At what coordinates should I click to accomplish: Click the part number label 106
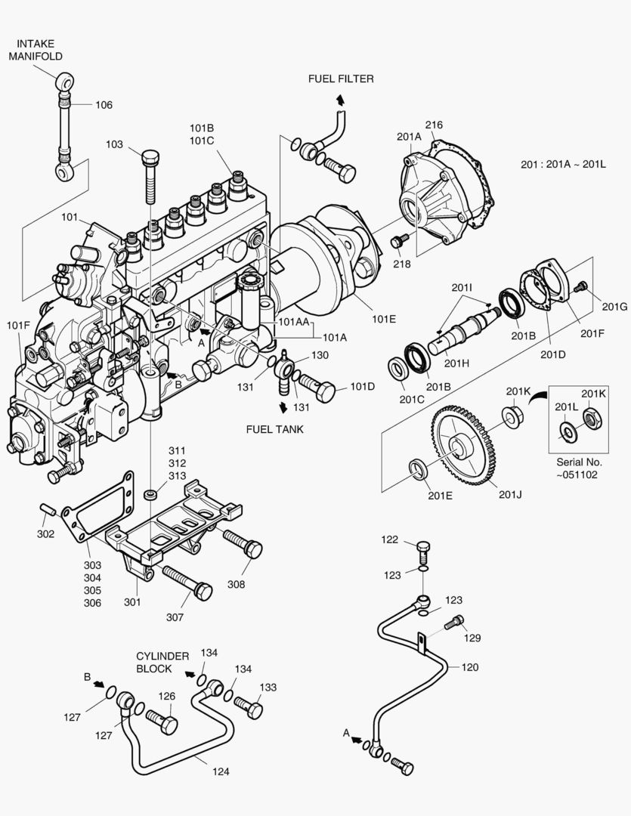pos(104,105)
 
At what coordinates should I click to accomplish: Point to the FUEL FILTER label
pos(340,79)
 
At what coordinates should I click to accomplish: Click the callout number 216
pos(434,125)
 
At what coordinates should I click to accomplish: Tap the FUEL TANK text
pos(274,429)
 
